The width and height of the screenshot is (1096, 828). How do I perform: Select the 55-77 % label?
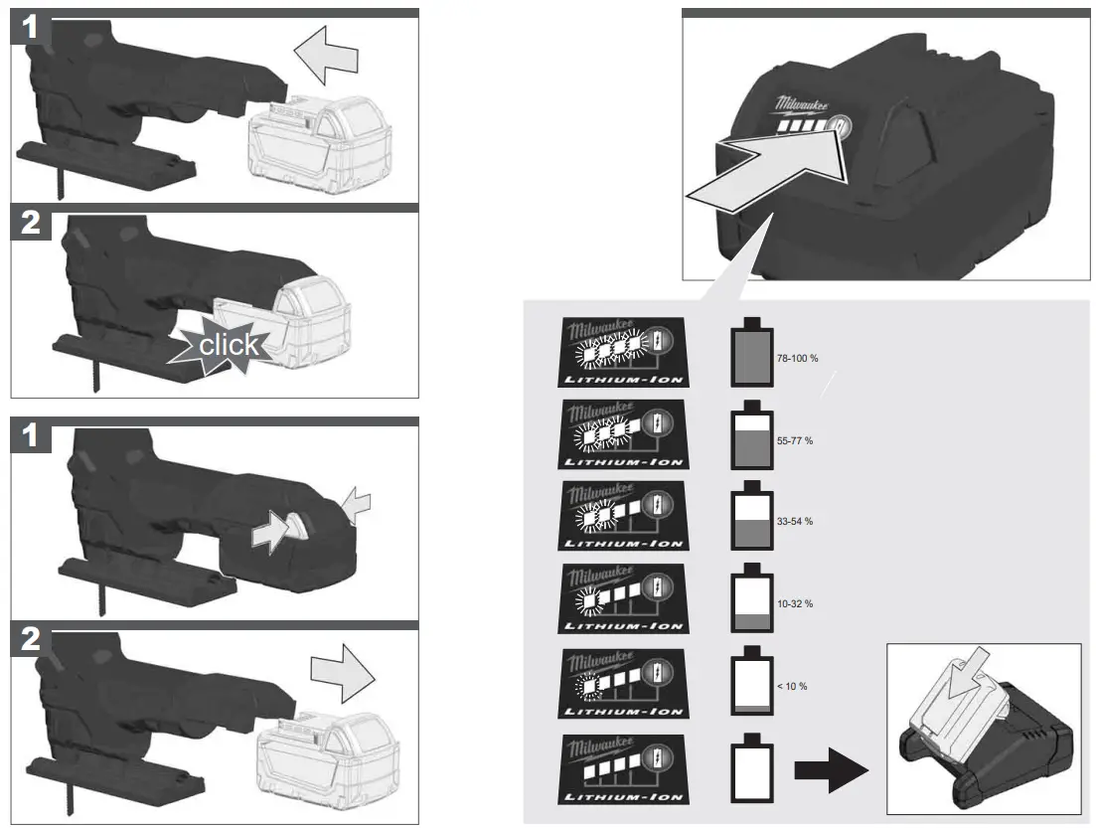794,439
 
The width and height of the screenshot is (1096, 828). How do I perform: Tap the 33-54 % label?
794,521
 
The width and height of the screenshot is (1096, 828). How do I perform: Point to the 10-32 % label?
794,603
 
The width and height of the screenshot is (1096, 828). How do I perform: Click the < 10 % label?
791,686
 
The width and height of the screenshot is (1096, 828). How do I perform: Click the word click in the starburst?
229,345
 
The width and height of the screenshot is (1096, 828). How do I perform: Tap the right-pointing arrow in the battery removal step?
340,677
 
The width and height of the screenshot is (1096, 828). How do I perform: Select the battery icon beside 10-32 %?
749,600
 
